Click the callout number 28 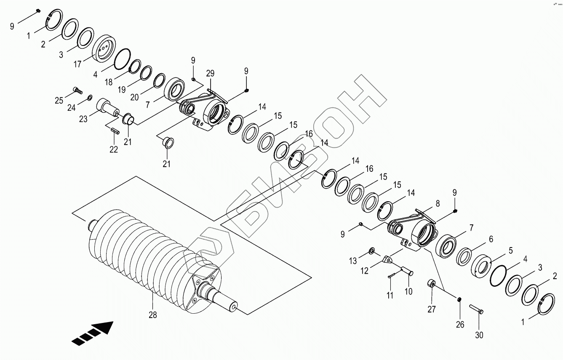tap(152, 315)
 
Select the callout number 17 tap(77, 64)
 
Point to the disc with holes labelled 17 tap(103, 50)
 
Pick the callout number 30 tap(479, 335)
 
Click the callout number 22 tap(114, 149)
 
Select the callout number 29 tap(210, 73)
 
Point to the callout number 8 tap(438, 203)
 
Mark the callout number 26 tap(460, 324)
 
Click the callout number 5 tap(510, 251)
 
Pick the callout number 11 tap(390, 295)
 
